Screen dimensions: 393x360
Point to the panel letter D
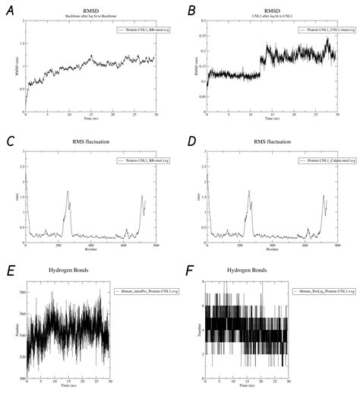point(191,141)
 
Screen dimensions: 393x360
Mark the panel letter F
point(192,270)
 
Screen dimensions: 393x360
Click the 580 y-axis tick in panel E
point(21,292)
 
